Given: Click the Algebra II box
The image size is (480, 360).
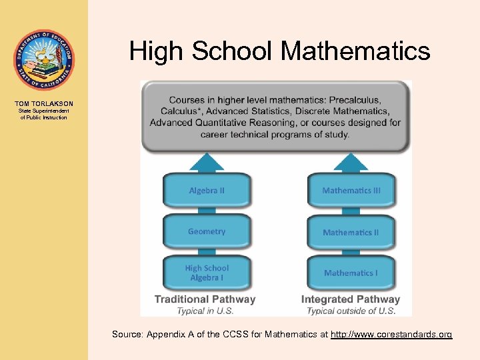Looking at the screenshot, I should point(207,191).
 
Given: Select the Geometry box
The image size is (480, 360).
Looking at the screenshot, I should point(207,232).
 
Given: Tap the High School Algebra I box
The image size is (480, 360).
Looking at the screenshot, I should point(207,273).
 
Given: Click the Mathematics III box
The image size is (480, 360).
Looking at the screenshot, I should point(351,191).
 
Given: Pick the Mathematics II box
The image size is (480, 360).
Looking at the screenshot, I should point(351,233).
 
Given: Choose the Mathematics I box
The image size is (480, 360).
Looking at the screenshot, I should point(351,273).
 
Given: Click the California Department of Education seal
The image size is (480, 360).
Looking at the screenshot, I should point(44,60).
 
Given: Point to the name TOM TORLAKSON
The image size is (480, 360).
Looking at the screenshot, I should point(44,104).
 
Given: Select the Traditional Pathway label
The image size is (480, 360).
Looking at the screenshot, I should point(205,299).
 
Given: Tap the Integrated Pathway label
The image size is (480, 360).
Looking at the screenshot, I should point(351,299).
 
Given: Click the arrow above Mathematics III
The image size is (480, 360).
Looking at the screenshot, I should point(351,162).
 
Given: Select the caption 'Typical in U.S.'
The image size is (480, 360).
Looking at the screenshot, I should point(205,311).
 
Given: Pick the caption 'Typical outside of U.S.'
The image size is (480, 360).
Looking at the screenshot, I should point(351,311).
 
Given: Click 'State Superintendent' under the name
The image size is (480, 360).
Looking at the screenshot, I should point(44,111).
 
